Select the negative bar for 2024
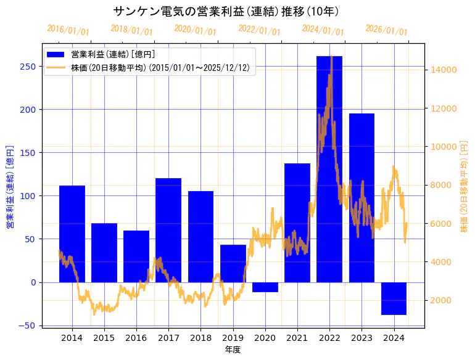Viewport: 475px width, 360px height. click(x=394, y=298)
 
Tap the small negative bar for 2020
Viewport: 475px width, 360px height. click(x=265, y=287)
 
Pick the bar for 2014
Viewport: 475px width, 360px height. click(x=72, y=234)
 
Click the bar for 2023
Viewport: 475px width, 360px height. click(x=361, y=197)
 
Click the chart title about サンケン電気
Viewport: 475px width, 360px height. click(x=226, y=11)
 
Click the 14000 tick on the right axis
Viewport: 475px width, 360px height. click(x=444, y=70)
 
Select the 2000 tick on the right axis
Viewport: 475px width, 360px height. click(x=442, y=301)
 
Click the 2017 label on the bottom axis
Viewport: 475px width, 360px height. click(x=168, y=338)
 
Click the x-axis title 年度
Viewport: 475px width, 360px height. click(x=233, y=350)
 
